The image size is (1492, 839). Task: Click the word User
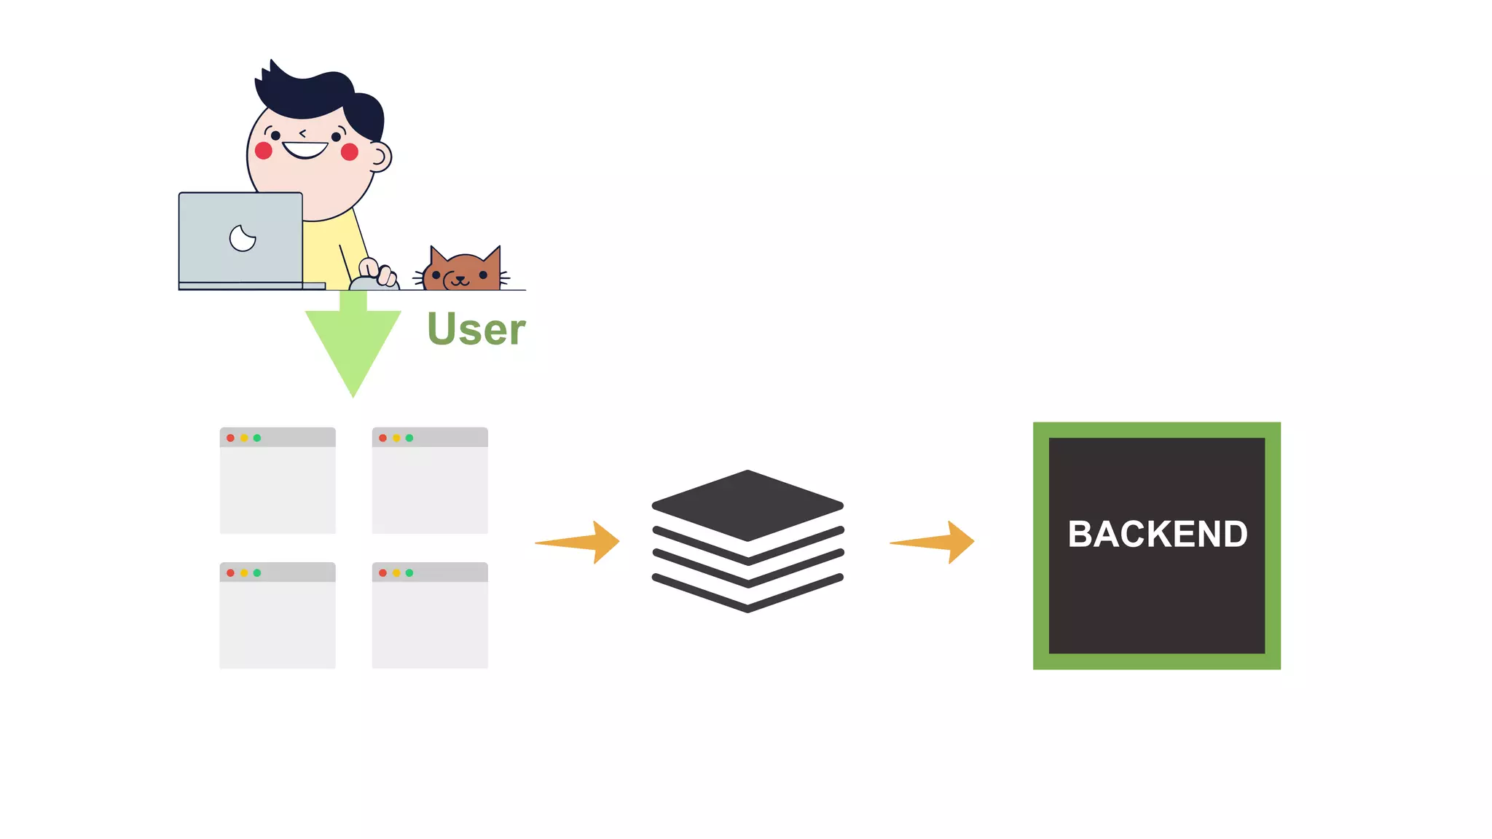point(476,329)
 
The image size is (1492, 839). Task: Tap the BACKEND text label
point(1157,534)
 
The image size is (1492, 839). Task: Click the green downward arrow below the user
point(353,342)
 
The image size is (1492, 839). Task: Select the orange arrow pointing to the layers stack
point(583,542)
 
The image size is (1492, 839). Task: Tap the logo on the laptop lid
point(243,237)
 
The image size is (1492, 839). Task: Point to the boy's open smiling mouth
point(305,149)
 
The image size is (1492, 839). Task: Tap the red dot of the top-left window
point(230,438)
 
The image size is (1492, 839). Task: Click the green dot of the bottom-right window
point(409,573)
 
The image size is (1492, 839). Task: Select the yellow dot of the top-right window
point(396,438)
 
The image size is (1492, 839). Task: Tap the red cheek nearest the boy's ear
point(350,152)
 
